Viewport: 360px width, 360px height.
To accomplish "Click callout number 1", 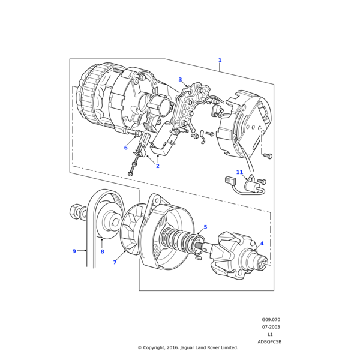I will [x=220, y=61].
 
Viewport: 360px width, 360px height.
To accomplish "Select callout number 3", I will [x=180, y=80].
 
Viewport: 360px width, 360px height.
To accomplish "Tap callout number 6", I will [x=126, y=148].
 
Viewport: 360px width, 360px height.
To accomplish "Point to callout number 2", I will [x=158, y=166].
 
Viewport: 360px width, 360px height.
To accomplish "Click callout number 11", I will [x=239, y=172].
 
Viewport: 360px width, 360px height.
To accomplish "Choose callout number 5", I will [x=205, y=227].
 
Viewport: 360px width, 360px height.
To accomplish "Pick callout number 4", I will [x=262, y=244].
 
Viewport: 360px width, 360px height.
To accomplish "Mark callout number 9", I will [x=74, y=251].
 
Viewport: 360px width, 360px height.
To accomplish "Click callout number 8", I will [x=102, y=252].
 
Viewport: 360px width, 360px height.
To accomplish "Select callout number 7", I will [x=115, y=262].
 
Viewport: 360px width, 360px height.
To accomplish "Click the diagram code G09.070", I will [x=271, y=320].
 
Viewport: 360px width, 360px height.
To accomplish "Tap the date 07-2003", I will [x=271, y=327].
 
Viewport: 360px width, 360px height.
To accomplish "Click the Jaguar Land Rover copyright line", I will [x=188, y=347].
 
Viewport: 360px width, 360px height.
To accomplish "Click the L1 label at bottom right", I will [x=271, y=334].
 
